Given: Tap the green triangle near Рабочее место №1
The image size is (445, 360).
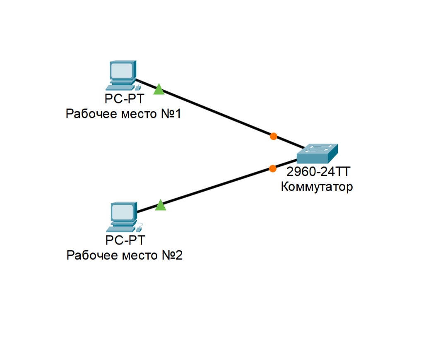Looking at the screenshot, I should coord(159,90).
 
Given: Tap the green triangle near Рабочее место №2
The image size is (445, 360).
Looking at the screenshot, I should coord(161,206).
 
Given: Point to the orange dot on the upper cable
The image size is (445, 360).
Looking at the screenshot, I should coord(273,136).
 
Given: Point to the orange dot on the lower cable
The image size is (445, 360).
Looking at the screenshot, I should coord(272,168).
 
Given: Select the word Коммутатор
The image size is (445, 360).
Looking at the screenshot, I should coord(317,187).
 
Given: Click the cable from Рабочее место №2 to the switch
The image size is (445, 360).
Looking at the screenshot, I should coord(215,187).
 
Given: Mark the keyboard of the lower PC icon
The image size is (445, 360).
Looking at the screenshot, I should coord(120,229).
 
